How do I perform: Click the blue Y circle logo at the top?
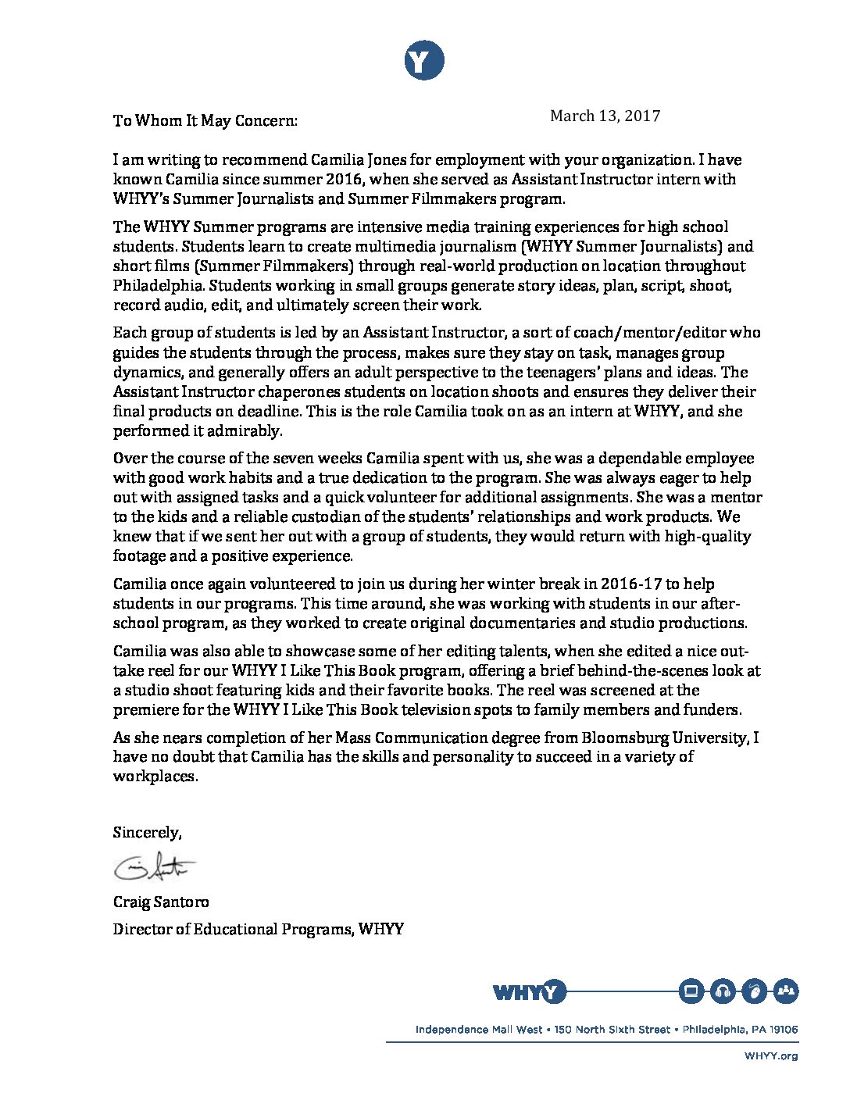(424, 61)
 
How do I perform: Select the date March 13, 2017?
(605, 116)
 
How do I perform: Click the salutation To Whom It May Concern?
(205, 120)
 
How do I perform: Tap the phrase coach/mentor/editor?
(627, 333)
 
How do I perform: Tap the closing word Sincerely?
(147, 833)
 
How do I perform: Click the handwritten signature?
(155, 866)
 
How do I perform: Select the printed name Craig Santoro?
(161, 902)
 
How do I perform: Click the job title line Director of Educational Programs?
(258, 930)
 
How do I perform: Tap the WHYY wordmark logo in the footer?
(529, 992)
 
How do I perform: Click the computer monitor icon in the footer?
(691, 991)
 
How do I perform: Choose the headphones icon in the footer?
(723, 991)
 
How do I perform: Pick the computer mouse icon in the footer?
(755, 991)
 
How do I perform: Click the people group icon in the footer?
(786, 991)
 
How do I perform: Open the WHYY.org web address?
(771, 1056)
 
